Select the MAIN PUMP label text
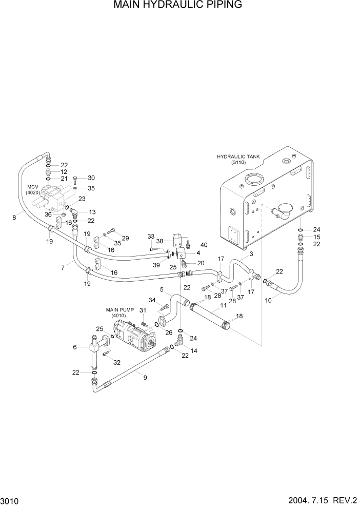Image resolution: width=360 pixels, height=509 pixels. click(x=119, y=310)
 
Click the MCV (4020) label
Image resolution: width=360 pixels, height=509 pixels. click(x=33, y=189)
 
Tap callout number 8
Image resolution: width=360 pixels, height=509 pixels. click(x=14, y=217)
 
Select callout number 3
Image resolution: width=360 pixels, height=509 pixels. click(x=251, y=253)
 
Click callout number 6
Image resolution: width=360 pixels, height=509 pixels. click(x=75, y=347)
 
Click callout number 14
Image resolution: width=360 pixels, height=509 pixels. click(x=194, y=351)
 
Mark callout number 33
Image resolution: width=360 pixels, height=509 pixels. click(x=151, y=236)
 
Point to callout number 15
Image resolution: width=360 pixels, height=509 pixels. click(x=316, y=237)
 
